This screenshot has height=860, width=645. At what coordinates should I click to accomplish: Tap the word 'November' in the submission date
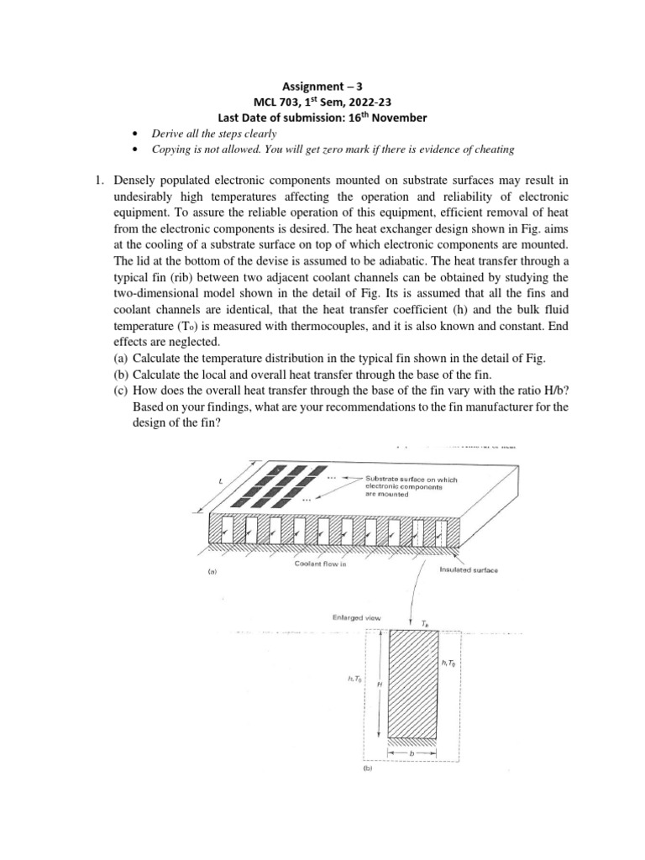[396, 118]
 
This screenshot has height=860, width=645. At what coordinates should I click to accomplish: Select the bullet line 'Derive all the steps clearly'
[214, 134]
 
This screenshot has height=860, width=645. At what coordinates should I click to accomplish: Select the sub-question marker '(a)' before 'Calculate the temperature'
[122, 358]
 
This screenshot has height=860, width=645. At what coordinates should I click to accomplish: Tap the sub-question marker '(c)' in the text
[122, 390]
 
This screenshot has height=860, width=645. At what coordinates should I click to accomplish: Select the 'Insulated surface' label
[468, 569]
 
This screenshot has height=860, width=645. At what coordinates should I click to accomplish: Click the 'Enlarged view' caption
[357, 618]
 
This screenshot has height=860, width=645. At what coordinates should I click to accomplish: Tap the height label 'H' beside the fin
[380, 684]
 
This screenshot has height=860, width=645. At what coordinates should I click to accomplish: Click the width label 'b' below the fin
[412, 754]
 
